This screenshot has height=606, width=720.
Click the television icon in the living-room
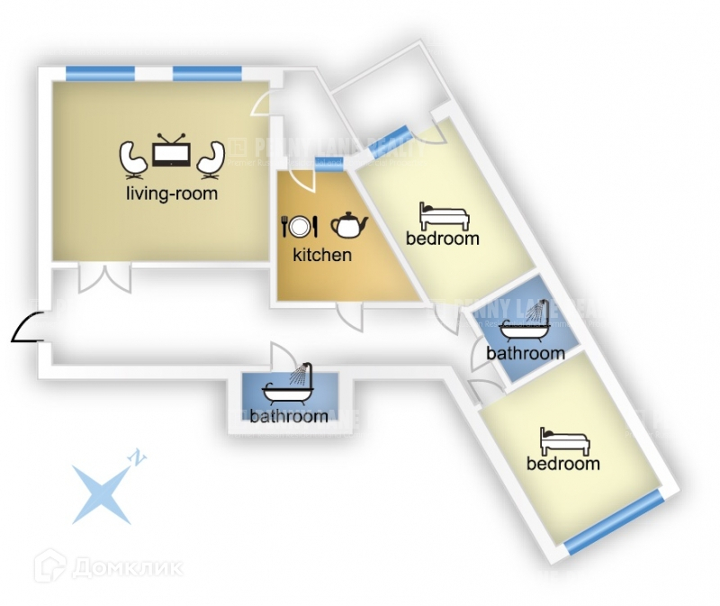tap(170, 154)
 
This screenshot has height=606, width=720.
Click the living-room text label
tap(172, 193)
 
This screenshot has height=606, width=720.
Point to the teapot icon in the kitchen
tap(349, 224)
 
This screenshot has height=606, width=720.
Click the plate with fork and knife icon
tap(300, 225)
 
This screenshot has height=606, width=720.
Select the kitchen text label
tap(322, 255)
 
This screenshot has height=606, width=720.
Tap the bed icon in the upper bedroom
tap(444, 216)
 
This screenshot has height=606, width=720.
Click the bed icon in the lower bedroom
tap(564, 441)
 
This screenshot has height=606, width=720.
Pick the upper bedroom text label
tap(442, 239)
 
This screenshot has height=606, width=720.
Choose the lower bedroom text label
tap(563, 464)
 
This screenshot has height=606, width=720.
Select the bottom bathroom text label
tap(289, 416)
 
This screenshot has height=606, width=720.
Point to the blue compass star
tap(100, 493)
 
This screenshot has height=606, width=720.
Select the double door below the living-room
tap(104, 278)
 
